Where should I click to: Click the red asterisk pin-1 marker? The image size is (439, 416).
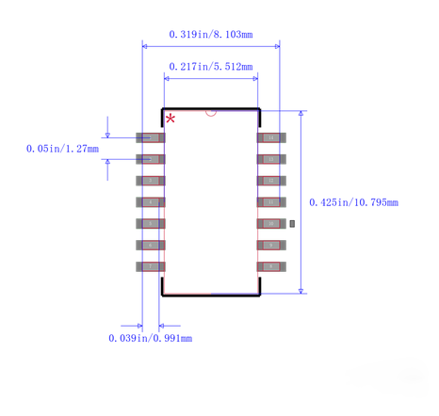[171, 119]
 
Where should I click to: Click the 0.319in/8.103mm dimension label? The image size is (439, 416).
[211, 35]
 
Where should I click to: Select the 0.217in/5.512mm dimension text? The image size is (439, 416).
[211, 67]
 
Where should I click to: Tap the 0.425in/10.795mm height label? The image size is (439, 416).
[353, 202]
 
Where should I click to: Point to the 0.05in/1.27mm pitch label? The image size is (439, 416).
[62, 148]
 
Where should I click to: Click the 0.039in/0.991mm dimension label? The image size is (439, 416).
[150, 338]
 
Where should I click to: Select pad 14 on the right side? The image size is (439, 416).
[271, 137]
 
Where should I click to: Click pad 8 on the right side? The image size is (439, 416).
[271, 266]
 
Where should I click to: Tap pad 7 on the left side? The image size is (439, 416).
[151, 266]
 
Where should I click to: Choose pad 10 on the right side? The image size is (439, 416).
[271, 224]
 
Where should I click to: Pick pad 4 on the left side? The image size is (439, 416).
[151, 202]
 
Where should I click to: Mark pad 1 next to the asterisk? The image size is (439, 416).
[151, 137]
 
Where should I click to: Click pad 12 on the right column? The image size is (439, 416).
[271, 181]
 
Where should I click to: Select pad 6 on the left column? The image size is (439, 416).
[151, 245]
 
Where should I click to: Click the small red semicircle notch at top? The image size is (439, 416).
[211, 111]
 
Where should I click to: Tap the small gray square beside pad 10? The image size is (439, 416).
[292, 224]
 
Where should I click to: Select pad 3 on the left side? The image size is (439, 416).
[151, 181]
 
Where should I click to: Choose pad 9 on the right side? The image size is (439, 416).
[271, 245]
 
